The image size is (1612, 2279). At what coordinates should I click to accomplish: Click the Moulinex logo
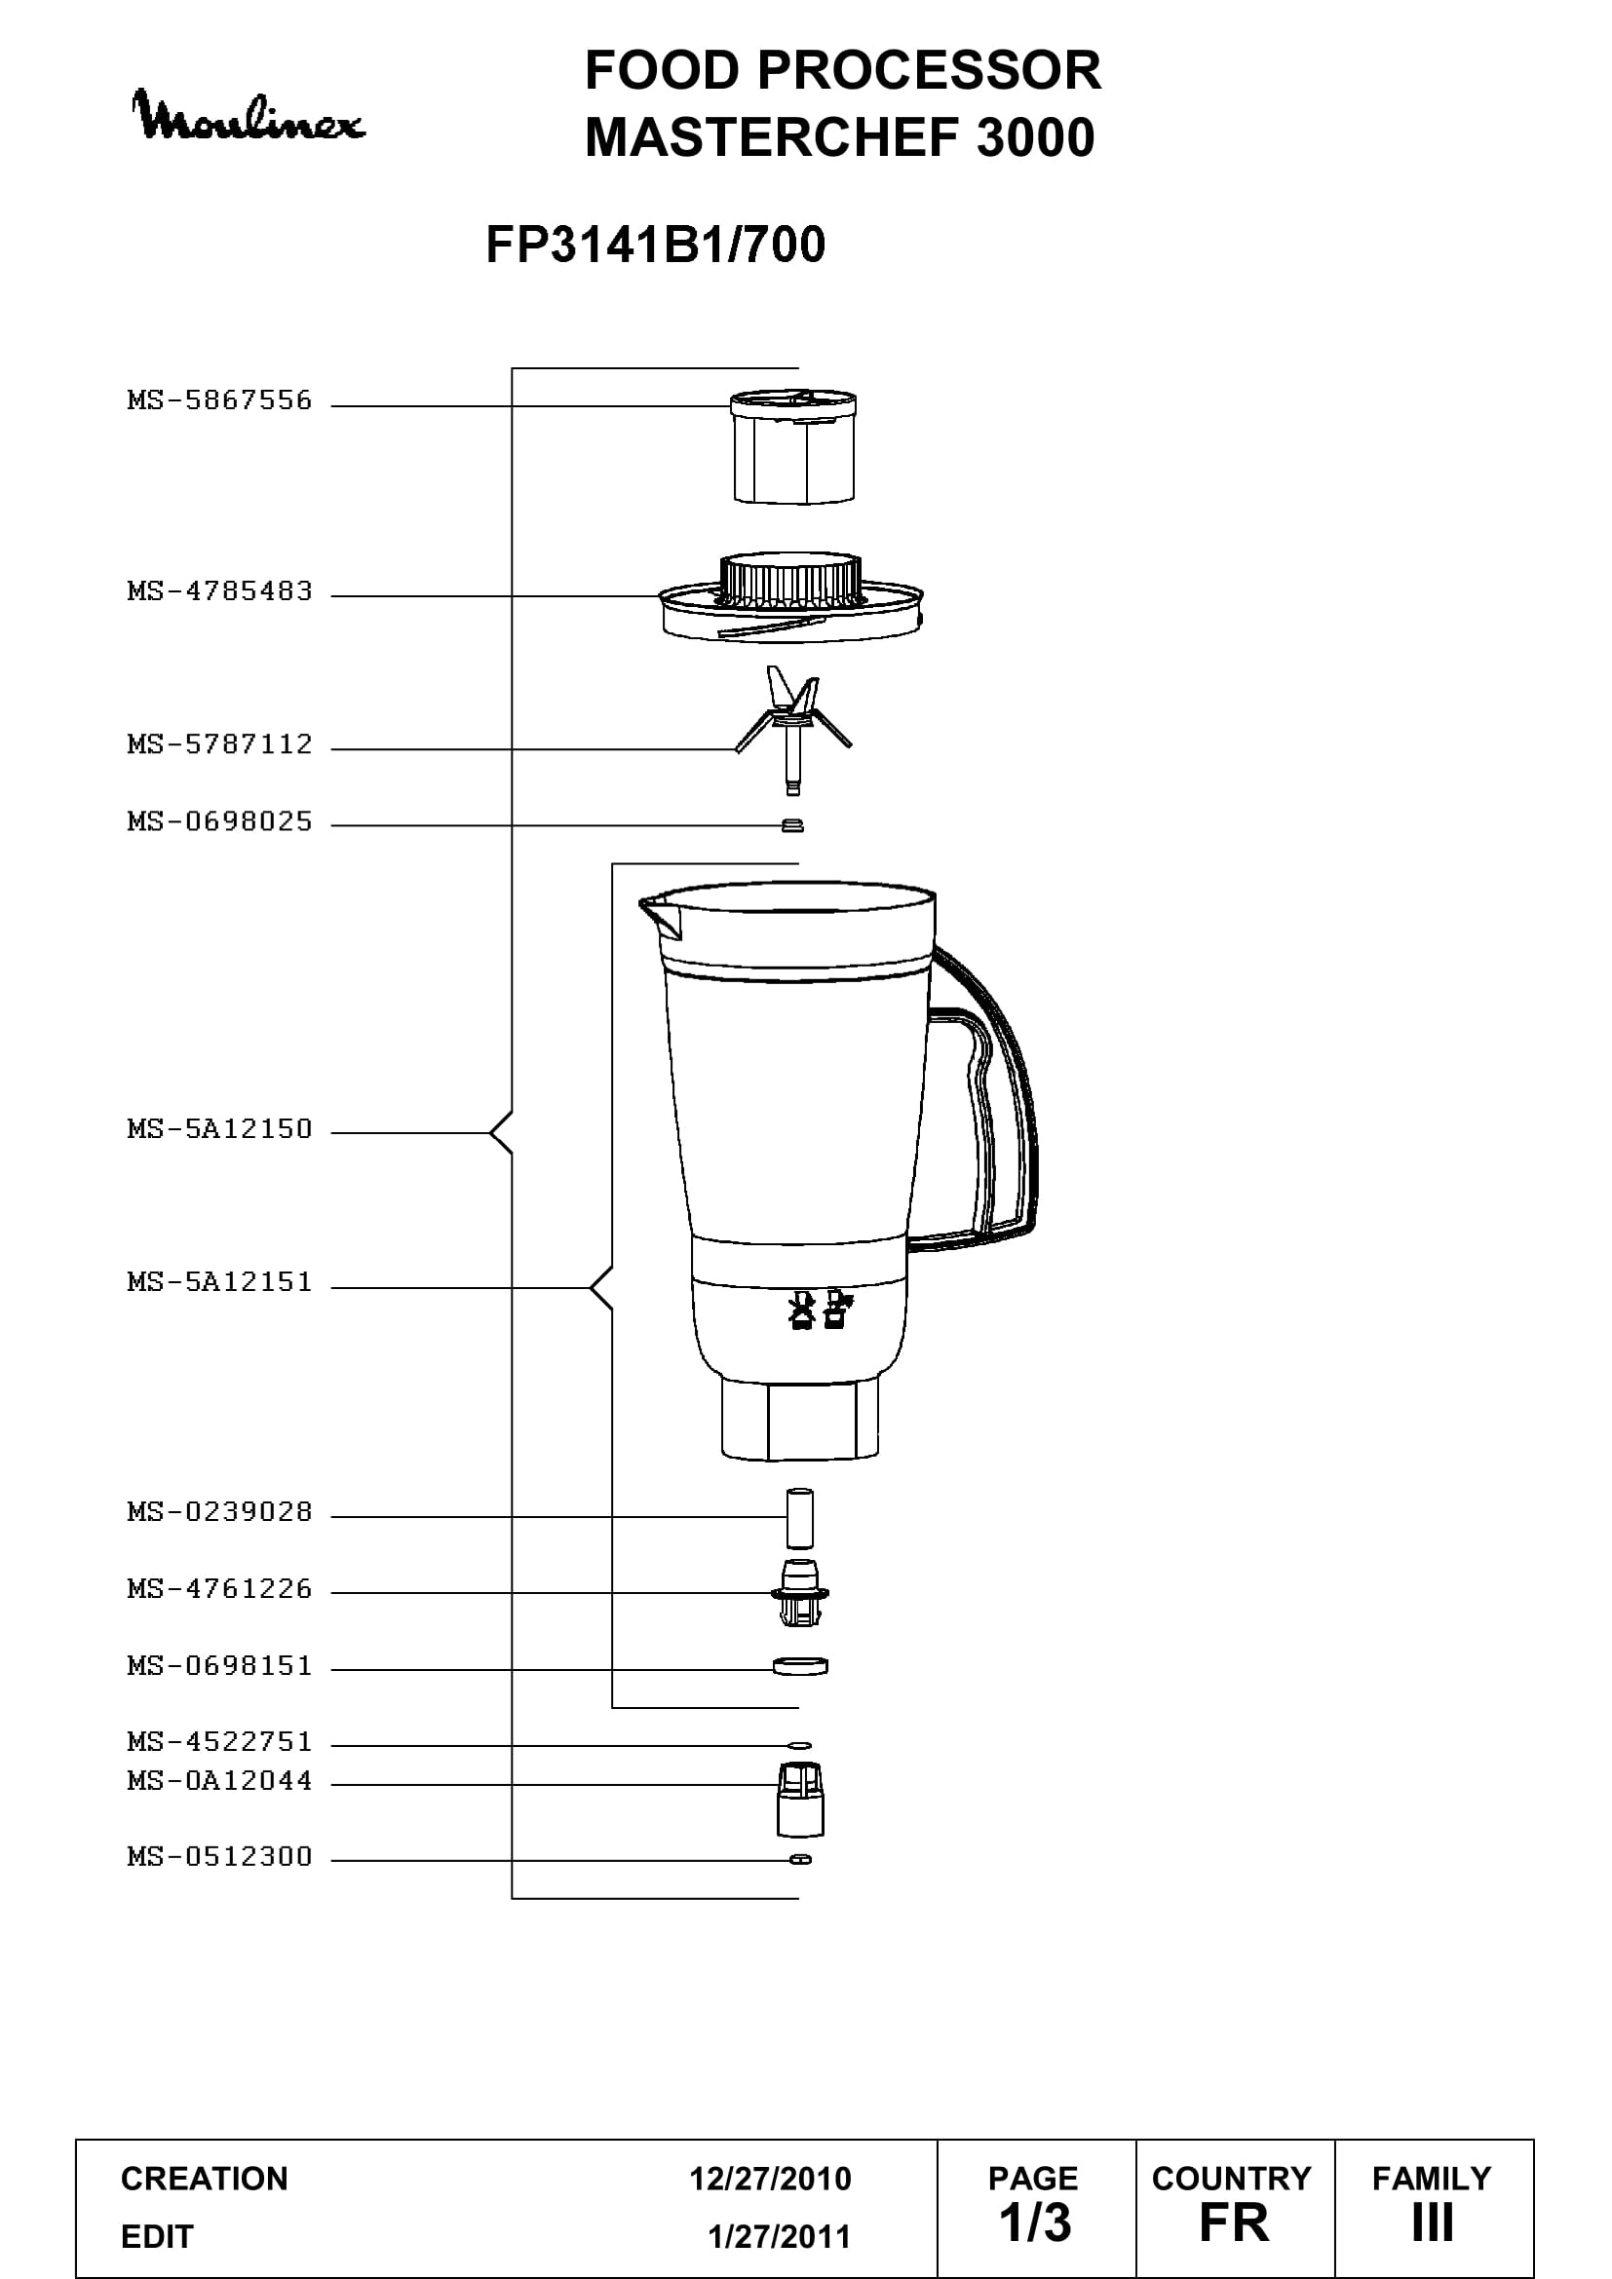(249, 117)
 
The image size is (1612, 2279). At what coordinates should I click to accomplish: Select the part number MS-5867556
(219, 401)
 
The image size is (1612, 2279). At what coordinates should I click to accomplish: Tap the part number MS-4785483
(219, 591)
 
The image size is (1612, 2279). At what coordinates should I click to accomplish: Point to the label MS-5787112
(219, 744)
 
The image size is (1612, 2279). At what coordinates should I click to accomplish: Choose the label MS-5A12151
(219, 1282)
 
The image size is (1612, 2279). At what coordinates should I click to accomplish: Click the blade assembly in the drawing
(792, 731)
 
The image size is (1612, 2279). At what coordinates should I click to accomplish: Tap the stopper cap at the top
(793, 446)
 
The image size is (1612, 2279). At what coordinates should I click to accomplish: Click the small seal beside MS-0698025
(792, 825)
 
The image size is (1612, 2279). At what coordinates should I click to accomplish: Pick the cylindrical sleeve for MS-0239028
(800, 1518)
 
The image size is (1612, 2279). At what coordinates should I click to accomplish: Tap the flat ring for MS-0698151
(800, 1665)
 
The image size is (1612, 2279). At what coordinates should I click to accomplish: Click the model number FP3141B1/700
(655, 245)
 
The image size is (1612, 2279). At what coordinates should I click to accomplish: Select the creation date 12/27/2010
(770, 2179)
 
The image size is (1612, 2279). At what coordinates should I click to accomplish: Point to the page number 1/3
(1034, 2222)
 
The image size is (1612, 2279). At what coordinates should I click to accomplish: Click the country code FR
(1234, 2222)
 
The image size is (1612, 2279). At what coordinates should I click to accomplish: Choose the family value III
(1433, 2222)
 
